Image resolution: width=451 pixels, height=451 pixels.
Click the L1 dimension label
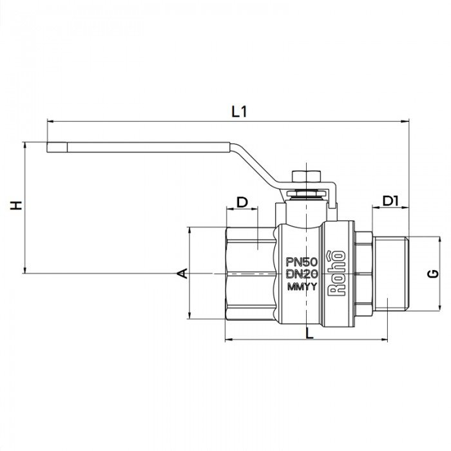click(x=240, y=111)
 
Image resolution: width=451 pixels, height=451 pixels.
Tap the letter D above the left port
click(x=242, y=202)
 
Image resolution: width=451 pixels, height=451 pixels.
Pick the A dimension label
click(x=182, y=273)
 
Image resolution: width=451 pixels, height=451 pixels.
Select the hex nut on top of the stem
click(x=302, y=178)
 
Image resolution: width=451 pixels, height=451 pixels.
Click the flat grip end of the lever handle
click(x=58, y=148)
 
